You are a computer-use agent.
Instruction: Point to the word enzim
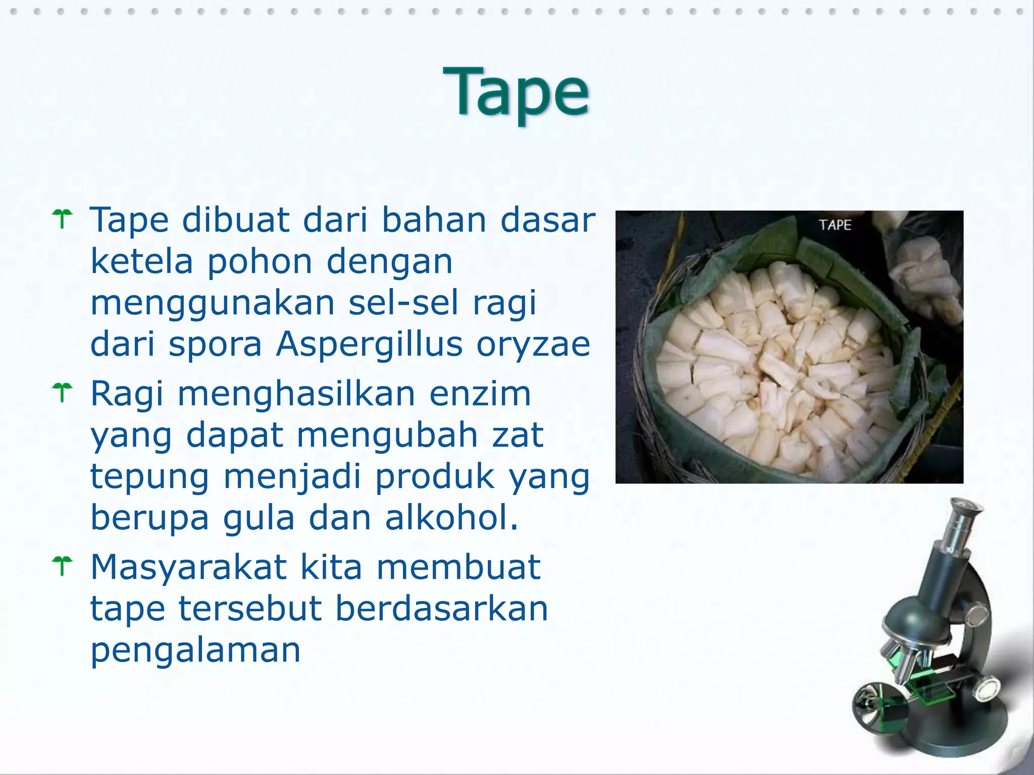pyautogui.click(x=480, y=394)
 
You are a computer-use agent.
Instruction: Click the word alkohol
pyautogui.click(x=452, y=518)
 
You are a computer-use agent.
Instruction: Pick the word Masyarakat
pyautogui.click(x=189, y=567)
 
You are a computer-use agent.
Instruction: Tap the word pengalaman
pyautogui.click(x=195, y=650)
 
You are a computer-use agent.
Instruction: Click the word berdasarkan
pyautogui.click(x=442, y=608)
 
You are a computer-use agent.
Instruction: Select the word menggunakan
pyautogui.click(x=212, y=304)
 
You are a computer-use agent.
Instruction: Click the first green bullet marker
pyautogui.click(x=63, y=219)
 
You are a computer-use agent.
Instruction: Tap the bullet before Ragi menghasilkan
pyautogui.click(x=63, y=393)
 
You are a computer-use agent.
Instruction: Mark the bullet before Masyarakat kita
pyautogui.click(x=63, y=566)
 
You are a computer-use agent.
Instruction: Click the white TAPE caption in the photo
pyautogui.click(x=835, y=225)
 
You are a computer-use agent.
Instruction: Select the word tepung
pyautogui.click(x=149, y=477)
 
